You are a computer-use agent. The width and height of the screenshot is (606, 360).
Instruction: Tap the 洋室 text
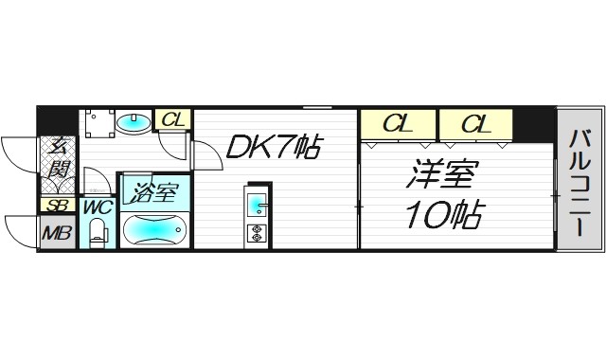[x=443, y=175]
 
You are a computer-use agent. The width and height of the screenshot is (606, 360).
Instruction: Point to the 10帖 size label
[x=443, y=218]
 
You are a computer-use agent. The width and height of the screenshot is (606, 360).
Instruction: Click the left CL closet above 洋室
[x=397, y=123]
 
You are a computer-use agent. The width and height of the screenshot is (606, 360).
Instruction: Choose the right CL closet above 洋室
[x=474, y=123]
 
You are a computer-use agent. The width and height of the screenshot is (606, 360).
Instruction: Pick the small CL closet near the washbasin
[x=172, y=119]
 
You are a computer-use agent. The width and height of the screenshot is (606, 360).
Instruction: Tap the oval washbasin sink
[x=133, y=121]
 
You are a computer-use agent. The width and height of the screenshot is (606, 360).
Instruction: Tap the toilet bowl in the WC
[x=96, y=233]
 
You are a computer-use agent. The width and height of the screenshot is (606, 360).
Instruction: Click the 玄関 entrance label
[x=59, y=160]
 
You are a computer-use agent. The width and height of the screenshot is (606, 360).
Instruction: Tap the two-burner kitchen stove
[x=257, y=231]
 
